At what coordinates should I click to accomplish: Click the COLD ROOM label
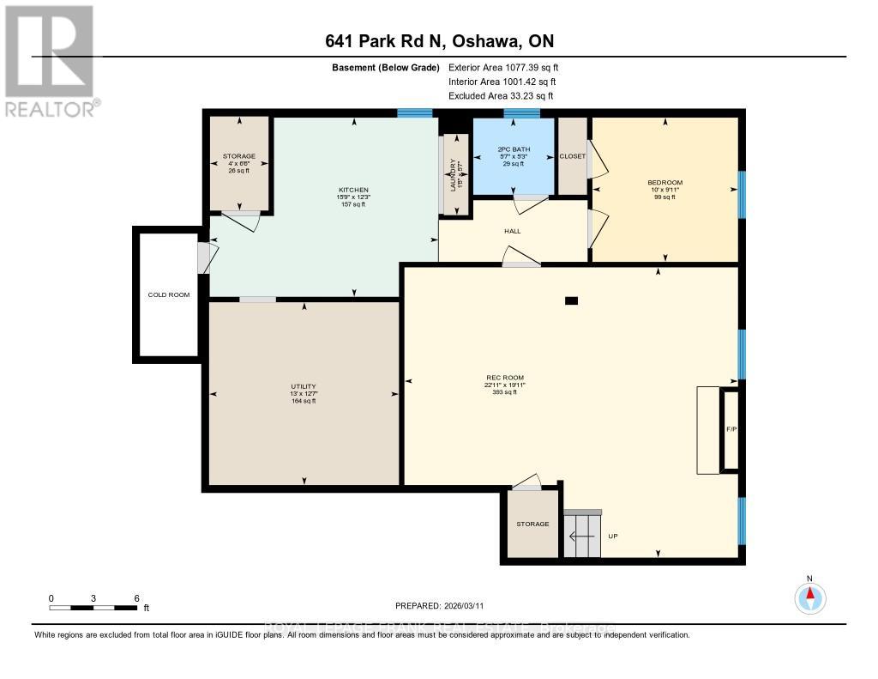(168, 294)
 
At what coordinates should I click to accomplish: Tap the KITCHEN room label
(353, 190)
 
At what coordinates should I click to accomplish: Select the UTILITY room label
(304, 387)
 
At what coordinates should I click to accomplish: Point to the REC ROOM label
(504, 378)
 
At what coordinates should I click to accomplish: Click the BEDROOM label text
(665, 182)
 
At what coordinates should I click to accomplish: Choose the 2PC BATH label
(512, 150)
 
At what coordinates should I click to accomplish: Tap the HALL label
(513, 231)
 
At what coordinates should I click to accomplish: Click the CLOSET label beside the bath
(572, 156)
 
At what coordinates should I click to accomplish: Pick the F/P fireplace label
(731, 428)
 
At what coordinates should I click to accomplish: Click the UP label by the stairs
(613, 537)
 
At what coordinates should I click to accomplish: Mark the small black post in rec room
(572, 300)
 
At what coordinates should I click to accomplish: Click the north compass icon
(809, 595)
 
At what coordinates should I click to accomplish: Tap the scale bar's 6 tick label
(136, 597)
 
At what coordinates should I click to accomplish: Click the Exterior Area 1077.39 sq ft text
(503, 67)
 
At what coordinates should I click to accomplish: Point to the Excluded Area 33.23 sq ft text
(501, 96)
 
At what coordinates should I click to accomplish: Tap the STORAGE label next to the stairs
(532, 524)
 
